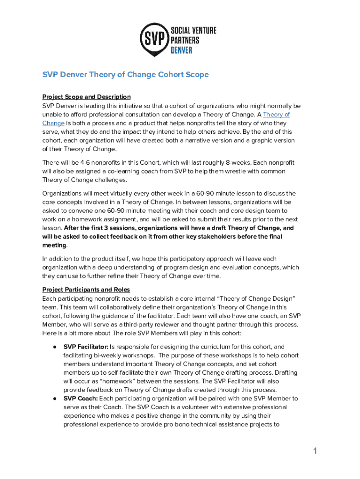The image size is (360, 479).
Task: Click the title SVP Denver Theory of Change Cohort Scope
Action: click(125, 75)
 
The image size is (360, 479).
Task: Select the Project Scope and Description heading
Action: click(86, 97)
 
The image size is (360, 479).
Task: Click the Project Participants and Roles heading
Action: click(86, 290)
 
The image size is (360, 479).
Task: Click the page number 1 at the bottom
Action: click(315, 451)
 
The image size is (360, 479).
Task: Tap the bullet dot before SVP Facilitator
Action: click(55, 347)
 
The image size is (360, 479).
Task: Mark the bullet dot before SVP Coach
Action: click(55, 399)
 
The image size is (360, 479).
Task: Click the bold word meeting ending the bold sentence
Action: click(54, 245)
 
